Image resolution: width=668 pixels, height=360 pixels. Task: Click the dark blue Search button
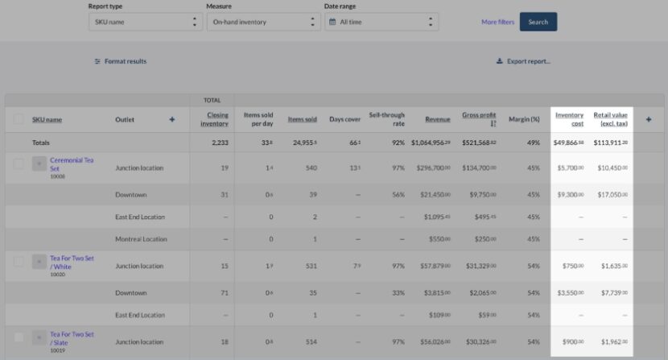[x=538, y=22]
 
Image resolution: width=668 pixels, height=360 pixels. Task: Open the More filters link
[x=497, y=22]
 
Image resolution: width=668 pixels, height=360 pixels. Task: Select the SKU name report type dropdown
[x=146, y=22]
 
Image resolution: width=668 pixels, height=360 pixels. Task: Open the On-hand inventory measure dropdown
[x=262, y=22]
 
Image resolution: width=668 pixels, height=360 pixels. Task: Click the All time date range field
[x=381, y=22]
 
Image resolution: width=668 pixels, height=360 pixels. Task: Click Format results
[x=121, y=61]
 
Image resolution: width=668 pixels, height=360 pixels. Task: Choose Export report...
[x=523, y=61]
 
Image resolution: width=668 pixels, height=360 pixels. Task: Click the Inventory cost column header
[x=569, y=119]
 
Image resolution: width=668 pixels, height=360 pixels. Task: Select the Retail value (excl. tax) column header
[x=611, y=119]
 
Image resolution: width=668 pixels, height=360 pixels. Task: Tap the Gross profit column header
[x=479, y=119]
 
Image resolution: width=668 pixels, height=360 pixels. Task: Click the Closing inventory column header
[x=214, y=119]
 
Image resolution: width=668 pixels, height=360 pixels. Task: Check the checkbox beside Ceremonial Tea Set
[x=19, y=163]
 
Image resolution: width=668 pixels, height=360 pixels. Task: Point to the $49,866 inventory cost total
[x=568, y=143]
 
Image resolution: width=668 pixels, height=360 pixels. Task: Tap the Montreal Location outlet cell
[x=141, y=239]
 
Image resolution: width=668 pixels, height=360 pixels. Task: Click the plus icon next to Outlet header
[x=171, y=119]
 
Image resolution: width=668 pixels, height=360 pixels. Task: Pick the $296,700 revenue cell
[x=431, y=168]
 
